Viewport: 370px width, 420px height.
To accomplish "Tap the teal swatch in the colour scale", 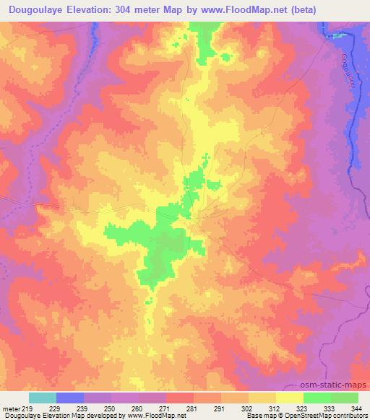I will point(43,398).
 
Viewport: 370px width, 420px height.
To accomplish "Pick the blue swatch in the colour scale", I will point(70,398).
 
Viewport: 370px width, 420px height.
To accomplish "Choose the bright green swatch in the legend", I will point(317,398).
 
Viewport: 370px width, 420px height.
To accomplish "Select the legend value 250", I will point(111,408).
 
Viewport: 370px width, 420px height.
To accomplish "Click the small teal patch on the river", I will point(335,35).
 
